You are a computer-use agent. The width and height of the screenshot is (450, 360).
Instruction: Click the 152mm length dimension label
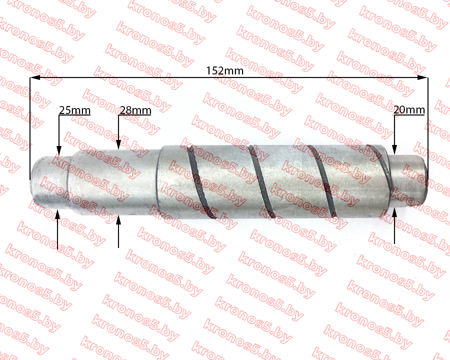224,70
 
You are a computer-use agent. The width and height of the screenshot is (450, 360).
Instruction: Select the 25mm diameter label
74,110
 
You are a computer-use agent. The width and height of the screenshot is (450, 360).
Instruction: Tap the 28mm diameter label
135,110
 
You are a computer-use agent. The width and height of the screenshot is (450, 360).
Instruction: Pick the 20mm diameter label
409,109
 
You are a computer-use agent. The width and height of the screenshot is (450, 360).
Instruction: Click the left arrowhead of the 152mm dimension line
34,77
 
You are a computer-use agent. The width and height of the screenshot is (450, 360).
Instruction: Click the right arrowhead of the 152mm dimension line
422,77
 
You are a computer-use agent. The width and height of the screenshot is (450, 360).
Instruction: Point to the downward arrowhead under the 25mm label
59,150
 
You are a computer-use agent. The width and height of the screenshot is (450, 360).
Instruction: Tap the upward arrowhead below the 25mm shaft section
57,214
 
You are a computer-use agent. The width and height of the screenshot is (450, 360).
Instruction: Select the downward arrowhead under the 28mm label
118,145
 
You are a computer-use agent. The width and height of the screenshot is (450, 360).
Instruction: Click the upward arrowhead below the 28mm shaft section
118,219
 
